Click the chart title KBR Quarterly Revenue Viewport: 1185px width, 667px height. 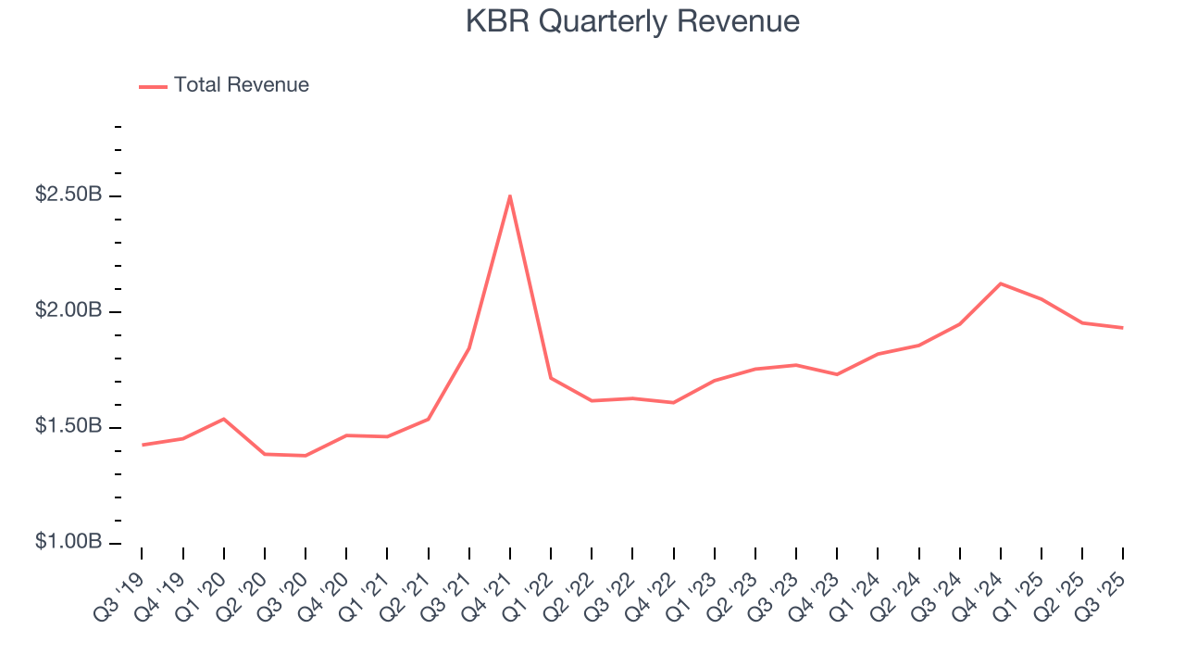pos(632,21)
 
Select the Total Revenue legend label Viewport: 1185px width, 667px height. pos(241,85)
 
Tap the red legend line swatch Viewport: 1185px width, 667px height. pos(153,86)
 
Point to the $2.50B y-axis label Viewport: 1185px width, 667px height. pos(69,195)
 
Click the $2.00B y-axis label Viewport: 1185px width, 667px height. pos(69,311)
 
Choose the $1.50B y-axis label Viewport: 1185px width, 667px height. pos(69,427)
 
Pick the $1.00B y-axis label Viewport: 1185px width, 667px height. pos(69,543)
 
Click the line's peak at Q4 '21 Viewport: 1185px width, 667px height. pos(510,195)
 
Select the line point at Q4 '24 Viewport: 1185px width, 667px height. pos(1001,283)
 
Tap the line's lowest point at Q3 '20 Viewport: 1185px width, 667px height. pos(306,456)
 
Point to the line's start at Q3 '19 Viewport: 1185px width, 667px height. pos(142,445)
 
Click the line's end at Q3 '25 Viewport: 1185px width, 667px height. pos(1123,328)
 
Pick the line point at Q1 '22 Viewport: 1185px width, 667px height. pos(551,378)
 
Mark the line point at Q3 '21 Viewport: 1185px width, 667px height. pos(469,348)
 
